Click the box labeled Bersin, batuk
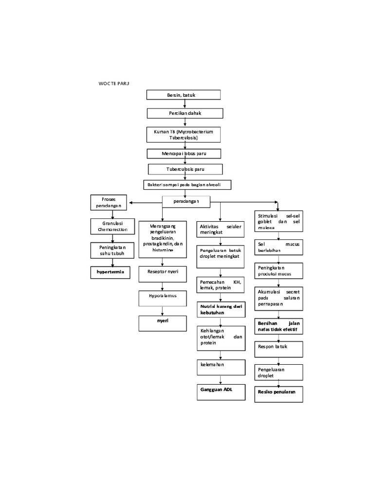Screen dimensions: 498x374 pos(184,95)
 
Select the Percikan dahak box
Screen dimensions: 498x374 pos(185,113)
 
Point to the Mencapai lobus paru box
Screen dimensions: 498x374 pos(184,153)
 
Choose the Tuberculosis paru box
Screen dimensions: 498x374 pos(185,169)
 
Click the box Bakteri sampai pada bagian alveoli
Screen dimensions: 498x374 pos(187,185)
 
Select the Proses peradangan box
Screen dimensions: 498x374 pos(108,202)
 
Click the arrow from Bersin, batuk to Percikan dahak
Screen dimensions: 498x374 pos(185,104)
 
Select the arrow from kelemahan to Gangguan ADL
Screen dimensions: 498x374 pos(220,379)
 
